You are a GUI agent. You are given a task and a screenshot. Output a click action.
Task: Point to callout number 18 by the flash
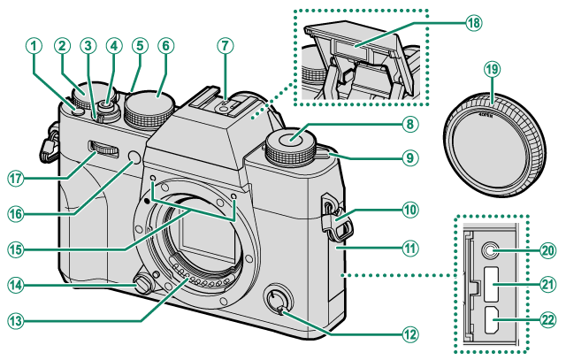473,23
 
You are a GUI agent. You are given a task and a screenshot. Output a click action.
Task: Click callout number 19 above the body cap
493,69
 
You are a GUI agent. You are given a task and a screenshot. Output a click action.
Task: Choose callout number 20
547,250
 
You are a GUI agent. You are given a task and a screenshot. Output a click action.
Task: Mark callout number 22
547,319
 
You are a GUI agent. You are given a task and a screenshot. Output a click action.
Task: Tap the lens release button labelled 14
139,283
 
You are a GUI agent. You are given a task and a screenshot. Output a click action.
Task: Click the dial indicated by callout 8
294,142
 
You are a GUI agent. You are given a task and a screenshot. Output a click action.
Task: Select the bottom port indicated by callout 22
489,322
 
